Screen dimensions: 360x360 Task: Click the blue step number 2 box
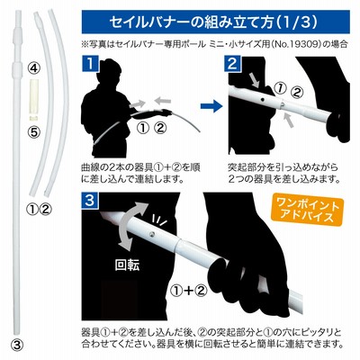pyautogui.click(x=232, y=65)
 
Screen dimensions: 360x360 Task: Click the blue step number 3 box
pyautogui.click(x=90, y=201)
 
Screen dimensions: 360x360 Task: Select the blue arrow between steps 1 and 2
pyautogui.click(x=211, y=106)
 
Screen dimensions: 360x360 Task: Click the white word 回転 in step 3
pyautogui.click(x=127, y=265)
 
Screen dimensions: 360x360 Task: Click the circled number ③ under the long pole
pyautogui.click(x=17, y=345)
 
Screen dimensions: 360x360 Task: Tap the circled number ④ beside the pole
pyautogui.click(x=34, y=69)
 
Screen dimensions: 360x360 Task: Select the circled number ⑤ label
pyautogui.click(x=34, y=132)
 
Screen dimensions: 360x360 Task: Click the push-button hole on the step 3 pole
pyautogui.click(x=153, y=233)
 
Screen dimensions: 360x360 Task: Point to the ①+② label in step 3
pyautogui.click(x=189, y=290)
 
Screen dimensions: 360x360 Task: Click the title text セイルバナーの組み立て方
pyautogui.click(x=192, y=22)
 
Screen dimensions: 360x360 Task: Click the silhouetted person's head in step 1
pyautogui.click(x=112, y=71)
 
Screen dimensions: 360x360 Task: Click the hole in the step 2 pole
pyautogui.click(x=262, y=99)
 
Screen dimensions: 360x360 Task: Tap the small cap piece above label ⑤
pyautogui.click(x=34, y=117)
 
